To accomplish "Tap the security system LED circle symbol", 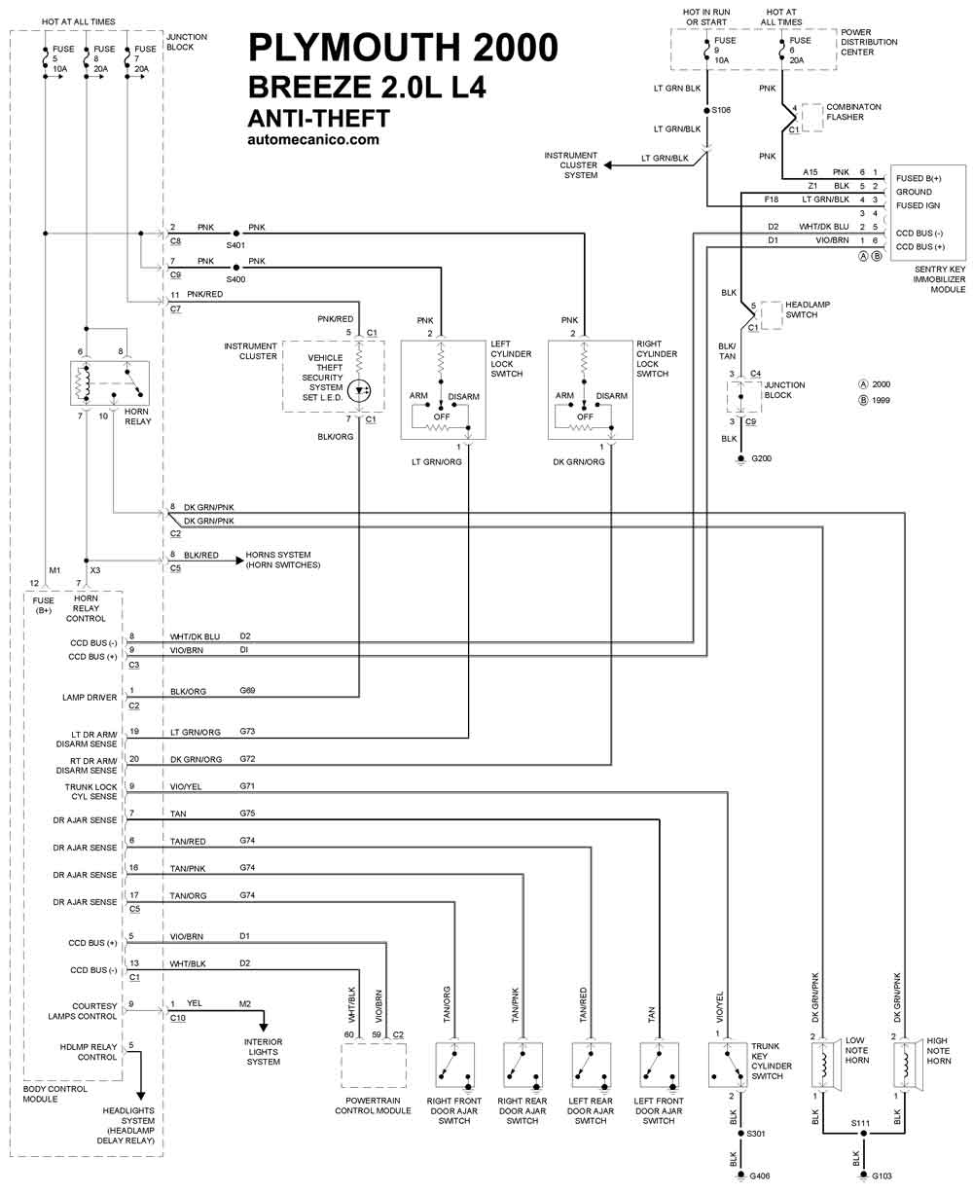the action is pos(359,391).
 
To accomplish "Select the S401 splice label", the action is pos(235,245).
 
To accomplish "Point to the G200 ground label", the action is pos(762,458).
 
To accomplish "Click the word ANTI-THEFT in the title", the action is pos(318,119).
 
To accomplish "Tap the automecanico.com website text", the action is pos(313,140).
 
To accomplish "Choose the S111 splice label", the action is pos(860,1123).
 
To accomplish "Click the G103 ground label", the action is pos(882,1176).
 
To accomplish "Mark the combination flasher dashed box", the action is pos(812,117).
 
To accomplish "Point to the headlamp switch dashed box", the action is pos(772,315).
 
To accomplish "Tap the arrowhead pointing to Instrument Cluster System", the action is pos(608,164).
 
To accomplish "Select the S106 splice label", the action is pos(721,110).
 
